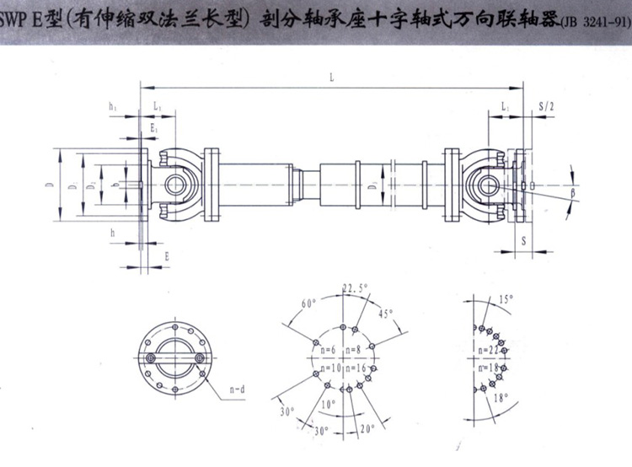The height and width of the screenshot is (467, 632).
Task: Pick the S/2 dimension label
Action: click(x=545, y=105)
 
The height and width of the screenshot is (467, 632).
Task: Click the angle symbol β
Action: click(x=573, y=194)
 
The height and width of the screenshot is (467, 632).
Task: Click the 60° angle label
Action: click(x=308, y=303)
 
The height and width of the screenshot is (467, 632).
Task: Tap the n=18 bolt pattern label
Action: click(x=490, y=368)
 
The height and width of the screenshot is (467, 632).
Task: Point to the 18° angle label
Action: click(x=501, y=398)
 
